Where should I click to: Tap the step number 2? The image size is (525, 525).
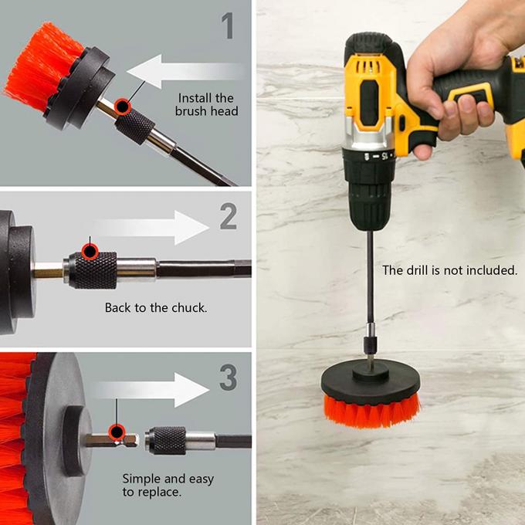(228, 217)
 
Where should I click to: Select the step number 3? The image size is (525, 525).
(227, 378)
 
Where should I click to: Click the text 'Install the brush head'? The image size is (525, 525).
(205, 104)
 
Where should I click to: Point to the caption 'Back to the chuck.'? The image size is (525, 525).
(156, 307)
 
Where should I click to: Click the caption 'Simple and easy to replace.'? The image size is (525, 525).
(168, 485)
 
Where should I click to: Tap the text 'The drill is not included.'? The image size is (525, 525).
(449, 270)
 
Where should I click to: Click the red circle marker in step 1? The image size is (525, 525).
(121, 106)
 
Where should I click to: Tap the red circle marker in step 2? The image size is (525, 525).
(90, 250)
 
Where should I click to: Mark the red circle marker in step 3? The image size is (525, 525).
(117, 432)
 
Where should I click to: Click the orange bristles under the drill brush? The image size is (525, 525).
(371, 408)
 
